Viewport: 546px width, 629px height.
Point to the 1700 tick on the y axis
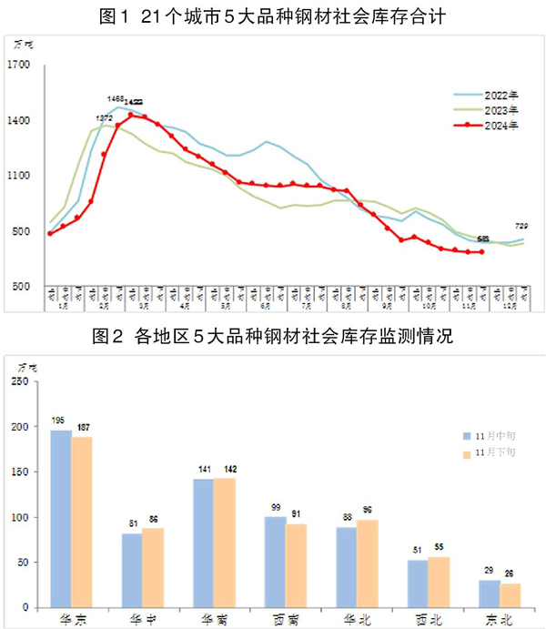19,65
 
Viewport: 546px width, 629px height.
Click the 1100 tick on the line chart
19,176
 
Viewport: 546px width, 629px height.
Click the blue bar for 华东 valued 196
61,519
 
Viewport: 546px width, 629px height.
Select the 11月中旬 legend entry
492,436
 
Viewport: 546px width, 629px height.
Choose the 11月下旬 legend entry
492,453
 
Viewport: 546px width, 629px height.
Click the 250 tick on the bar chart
19,382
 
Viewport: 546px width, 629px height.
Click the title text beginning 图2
273,338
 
